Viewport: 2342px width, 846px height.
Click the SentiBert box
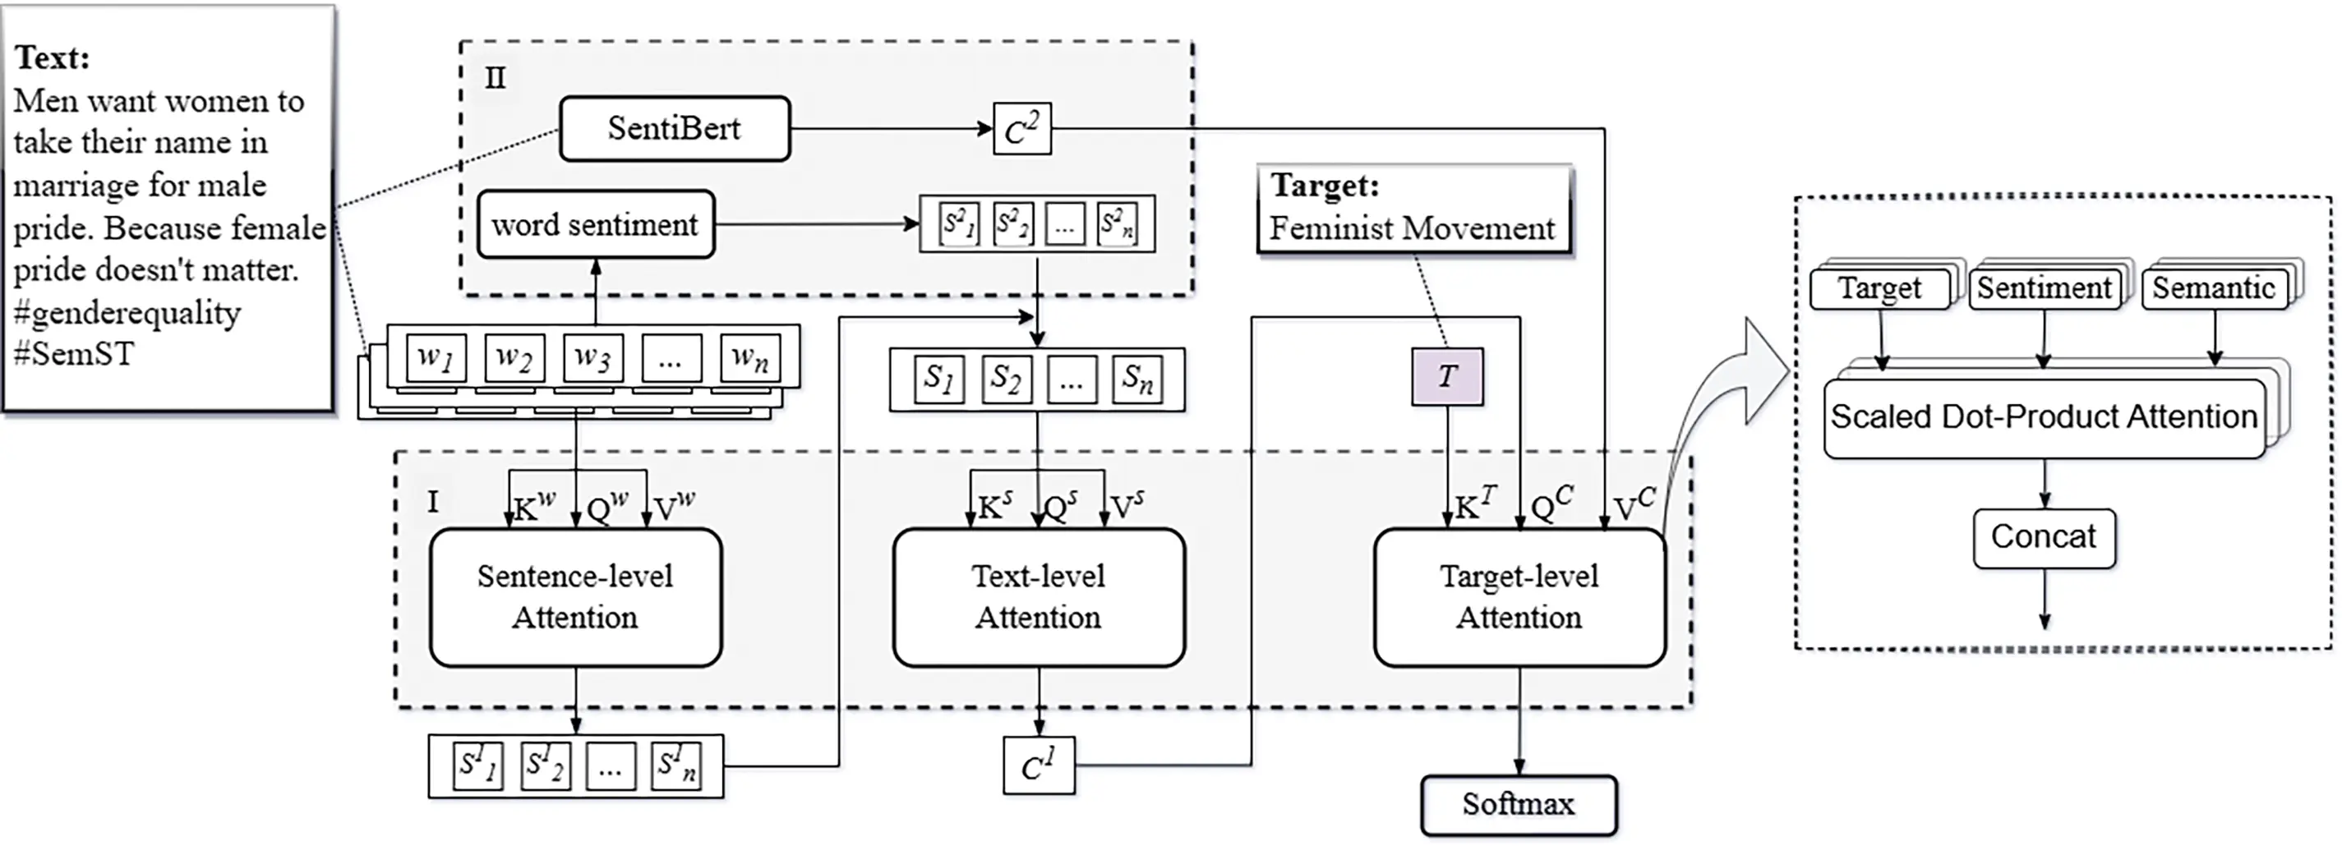[x=675, y=129]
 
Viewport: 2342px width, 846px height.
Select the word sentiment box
[x=596, y=224]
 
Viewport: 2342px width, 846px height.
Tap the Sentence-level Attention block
[x=575, y=597]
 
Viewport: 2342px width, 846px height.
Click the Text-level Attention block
[x=1038, y=597]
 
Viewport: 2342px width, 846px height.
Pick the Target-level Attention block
[x=1519, y=597]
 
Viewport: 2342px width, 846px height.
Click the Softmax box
[x=1519, y=804]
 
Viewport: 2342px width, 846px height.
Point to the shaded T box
[x=1446, y=376]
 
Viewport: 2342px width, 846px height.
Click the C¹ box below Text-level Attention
[x=1038, y=766]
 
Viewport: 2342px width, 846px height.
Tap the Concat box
[x=2044, y=538]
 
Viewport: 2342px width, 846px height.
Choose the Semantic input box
[x=2214, y=289]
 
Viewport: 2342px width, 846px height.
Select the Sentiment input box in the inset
[x=2044, y=289]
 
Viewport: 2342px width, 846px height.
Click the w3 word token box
[x=592, y=358]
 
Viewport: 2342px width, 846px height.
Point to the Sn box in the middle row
[x=1137, y=378]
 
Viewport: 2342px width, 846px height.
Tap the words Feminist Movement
[x=1412, y=228]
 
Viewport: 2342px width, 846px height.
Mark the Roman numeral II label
[x=495, y=78]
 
